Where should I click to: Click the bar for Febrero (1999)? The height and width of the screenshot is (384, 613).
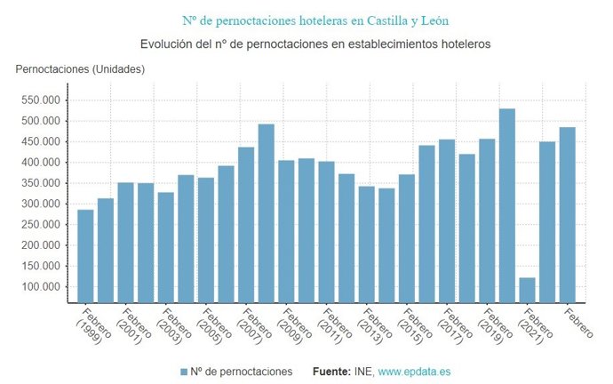tap(85, 256)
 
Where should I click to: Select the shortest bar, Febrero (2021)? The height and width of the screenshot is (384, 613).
tap(528, 290)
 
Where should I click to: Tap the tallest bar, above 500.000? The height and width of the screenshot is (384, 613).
tap(507, 205)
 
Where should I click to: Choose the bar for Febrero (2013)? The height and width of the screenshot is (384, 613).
tap(367, 244)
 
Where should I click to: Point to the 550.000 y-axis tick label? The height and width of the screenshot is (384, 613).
tap(42, 100)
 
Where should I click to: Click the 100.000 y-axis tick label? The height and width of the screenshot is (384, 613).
tap(42, 286)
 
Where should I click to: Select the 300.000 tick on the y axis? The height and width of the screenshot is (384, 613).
tap(42, 204)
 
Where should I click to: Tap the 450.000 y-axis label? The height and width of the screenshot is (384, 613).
tap(42, 141)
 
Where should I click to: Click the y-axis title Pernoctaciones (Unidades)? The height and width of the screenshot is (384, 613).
tap(79, 68)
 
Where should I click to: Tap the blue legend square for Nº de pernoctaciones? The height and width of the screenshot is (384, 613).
tap(184, 371)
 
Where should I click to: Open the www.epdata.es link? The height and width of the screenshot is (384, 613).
tap(415, 371)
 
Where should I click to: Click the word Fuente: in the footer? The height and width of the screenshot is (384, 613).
tap(332, 371)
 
